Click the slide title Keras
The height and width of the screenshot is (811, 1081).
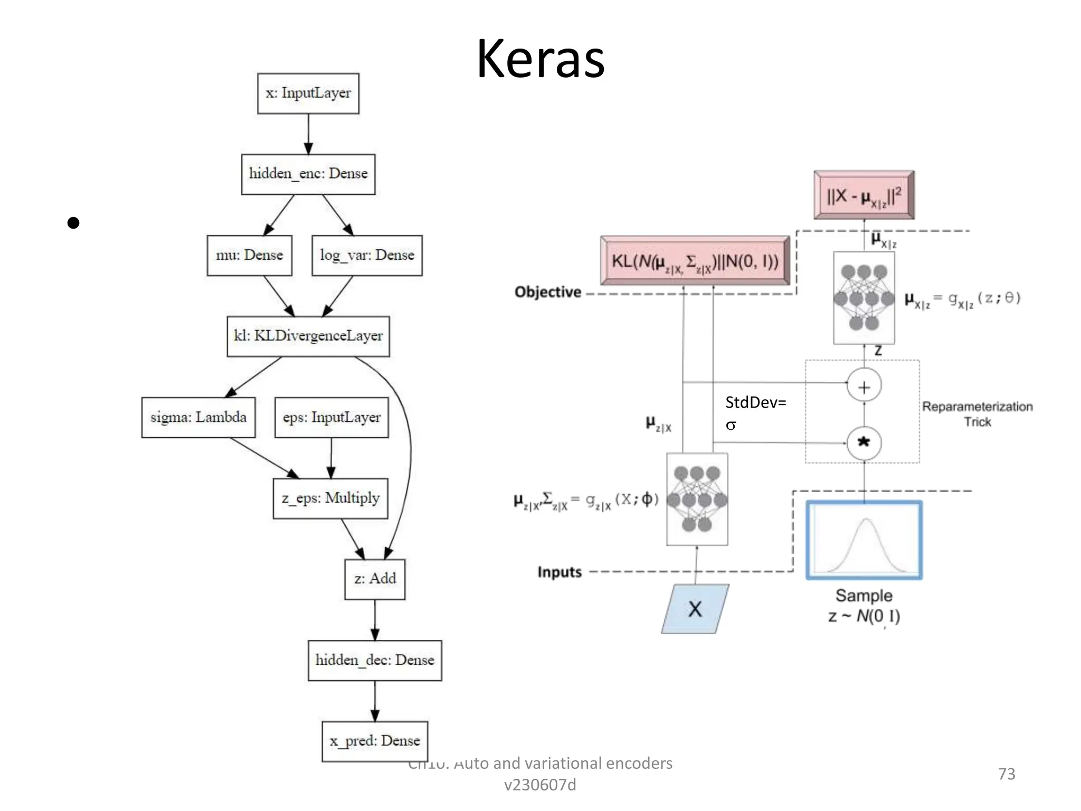click(x=540, y=59)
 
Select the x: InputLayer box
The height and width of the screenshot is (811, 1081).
click(x=308, y=93)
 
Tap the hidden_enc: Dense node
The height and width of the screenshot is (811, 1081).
click(x=308, y=174)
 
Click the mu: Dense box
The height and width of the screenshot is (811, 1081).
click(x=249, y=256)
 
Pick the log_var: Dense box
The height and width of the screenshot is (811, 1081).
click(x=367, y=256)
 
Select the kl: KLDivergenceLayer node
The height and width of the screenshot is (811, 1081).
click(x=308, y=336)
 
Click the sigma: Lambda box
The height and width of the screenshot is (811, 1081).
click(x=198, y=418)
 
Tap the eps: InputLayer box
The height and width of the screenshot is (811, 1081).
click(x=331, y=418)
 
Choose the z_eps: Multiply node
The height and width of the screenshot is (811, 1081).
click(x=330, y=498)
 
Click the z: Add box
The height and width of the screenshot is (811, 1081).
click(x=375, y=579)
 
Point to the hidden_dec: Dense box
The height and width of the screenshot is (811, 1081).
click(x=375, y=661)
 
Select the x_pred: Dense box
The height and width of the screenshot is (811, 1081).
click(x=375, y=741)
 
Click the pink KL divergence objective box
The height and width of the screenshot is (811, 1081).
click(x=695, y=261)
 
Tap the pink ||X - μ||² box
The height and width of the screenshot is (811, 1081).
click(x=864, y=195)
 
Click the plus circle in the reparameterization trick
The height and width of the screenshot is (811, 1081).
click(x=864, y=386)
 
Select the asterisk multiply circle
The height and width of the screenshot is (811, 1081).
click(x=864, y=442)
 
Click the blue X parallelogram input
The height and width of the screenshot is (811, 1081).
click(x=695, y=609)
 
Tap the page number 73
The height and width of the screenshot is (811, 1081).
click(x=1006, y=774)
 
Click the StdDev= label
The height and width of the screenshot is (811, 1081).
click(x=755, y=403)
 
